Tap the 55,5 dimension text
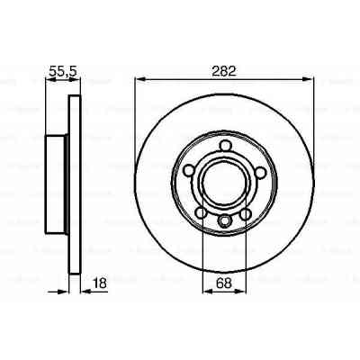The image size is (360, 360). point(60,68)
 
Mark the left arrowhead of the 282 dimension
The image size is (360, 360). point(139,79)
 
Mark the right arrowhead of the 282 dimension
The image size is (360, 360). point(311,79)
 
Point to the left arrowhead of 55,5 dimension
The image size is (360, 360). point(48,79)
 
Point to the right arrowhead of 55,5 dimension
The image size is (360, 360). point(76,79)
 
